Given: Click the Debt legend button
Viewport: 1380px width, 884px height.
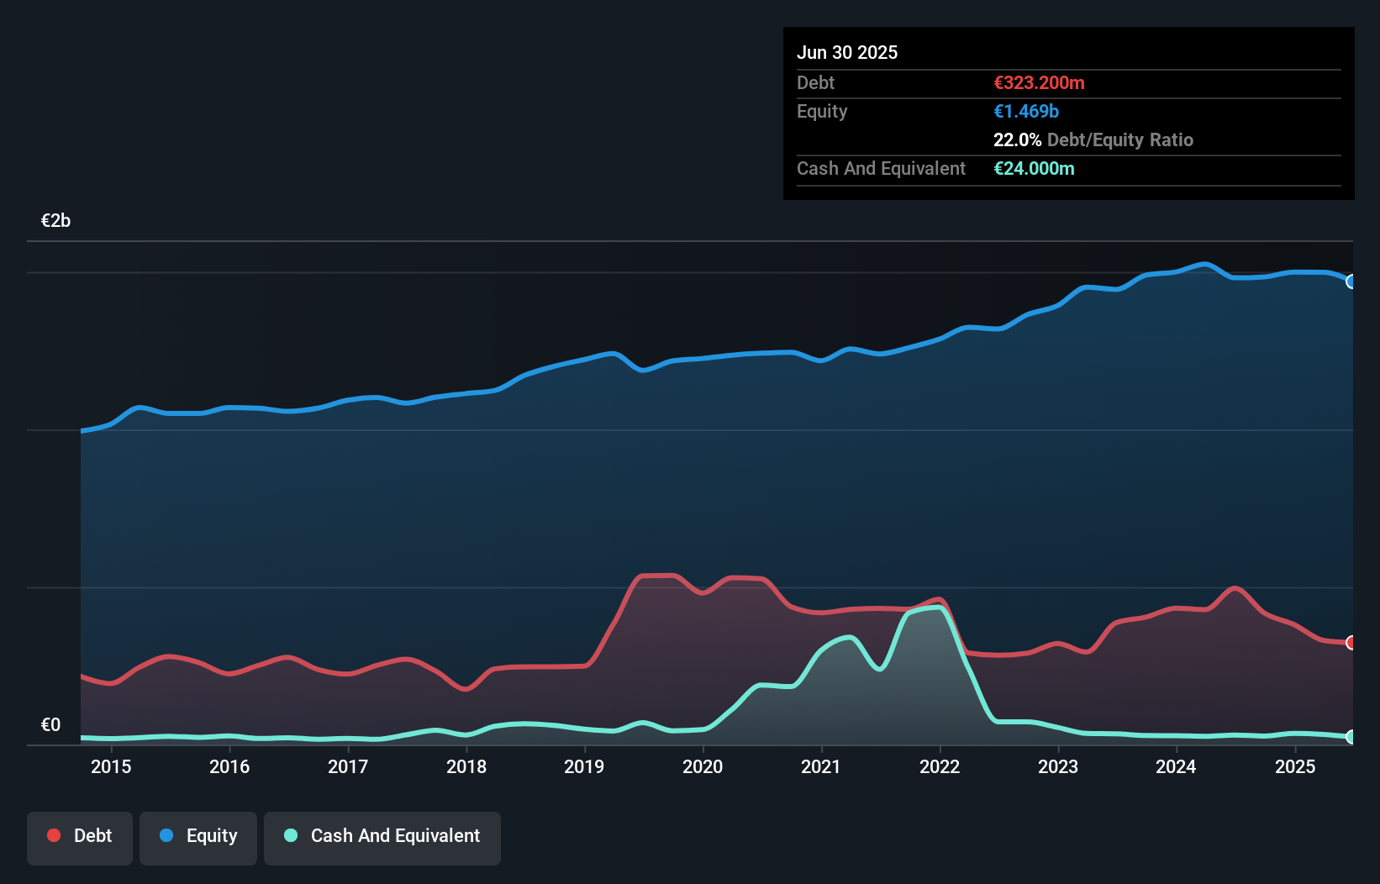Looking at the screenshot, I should coord(79,837).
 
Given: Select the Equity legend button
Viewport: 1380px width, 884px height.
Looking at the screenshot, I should coord(198,837).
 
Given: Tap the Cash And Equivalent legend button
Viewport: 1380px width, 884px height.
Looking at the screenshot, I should coord(382,837).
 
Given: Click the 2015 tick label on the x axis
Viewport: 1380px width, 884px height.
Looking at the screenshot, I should coord(111,766).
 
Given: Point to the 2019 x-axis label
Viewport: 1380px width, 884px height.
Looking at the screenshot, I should coord(584,766).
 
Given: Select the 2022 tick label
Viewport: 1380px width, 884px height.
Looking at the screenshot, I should coord(940,766).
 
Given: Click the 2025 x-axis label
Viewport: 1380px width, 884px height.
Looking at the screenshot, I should coord(1295,766).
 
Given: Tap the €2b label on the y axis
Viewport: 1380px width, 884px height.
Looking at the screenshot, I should coord(55,221).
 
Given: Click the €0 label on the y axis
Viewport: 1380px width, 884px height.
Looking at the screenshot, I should coord(50,724).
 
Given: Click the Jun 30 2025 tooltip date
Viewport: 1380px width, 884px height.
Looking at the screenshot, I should coord(847,52).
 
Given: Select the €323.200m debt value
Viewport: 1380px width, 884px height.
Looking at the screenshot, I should coord(1039,82).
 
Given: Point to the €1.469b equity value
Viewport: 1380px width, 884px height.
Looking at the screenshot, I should coord(1026,111).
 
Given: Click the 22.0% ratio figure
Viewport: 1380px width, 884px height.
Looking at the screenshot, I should coord(1017,139).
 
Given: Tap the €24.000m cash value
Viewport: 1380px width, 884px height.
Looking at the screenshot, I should coord(1034,168).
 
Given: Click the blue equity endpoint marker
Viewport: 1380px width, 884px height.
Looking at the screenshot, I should coord(1351,282).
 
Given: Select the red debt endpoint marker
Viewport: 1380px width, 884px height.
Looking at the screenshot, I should coord(1351,643).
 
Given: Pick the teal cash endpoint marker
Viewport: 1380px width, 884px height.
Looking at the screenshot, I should coord(1351,737).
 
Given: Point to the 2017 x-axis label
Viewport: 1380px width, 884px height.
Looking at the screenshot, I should coord(348,766).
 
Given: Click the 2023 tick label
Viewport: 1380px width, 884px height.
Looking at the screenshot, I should coord(1058,766).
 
